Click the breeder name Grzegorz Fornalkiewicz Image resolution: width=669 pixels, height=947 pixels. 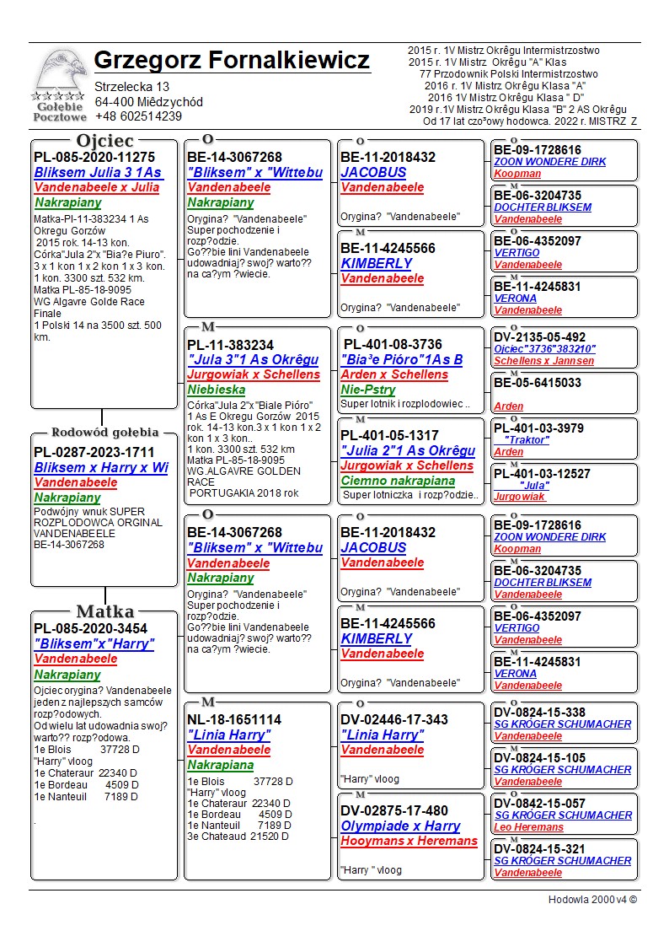[232, 61]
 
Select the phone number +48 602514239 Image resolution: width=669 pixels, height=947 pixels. [138, 116]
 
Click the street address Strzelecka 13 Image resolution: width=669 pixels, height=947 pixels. [131, 87]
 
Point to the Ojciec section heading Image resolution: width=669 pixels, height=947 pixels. [104, 140]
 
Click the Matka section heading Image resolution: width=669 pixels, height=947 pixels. [104, 611]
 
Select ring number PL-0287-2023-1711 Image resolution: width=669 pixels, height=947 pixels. [94, 453]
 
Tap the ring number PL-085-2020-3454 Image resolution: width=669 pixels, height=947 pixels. [90, 628]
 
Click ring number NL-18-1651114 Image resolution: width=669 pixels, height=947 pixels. [234, 719]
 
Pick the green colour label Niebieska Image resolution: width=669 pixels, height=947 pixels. [217, 390]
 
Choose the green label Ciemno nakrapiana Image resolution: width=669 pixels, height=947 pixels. [398, 481]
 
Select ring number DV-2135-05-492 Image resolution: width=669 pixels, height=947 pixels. [539, 337]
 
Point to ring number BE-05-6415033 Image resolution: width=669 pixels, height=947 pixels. [538, 383]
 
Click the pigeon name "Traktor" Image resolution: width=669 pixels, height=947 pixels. [527, 440]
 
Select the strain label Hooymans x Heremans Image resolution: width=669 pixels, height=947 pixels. [409, 841]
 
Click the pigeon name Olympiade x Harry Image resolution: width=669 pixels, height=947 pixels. [400, 826]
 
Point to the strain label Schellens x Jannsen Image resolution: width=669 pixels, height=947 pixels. [543, 360]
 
